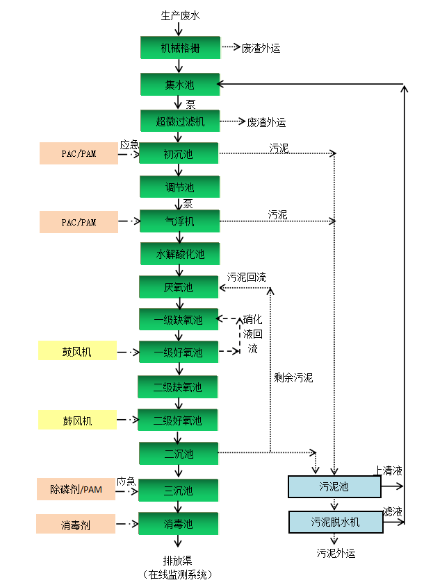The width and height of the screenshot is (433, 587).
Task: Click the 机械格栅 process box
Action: click(180, 48)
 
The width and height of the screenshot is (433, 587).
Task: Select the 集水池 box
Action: click(180, 85)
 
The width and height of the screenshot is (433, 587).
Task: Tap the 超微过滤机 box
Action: click(180, 121)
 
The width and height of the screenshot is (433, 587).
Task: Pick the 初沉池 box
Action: click(180, 154)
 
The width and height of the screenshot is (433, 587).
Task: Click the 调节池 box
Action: click(180, 187)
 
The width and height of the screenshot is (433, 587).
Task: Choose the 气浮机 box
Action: click(180, 221)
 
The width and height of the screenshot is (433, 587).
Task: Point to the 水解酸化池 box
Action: click(180, 254)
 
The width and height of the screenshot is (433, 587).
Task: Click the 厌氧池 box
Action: click(179, 287)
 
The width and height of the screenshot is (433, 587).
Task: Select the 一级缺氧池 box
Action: click(179, 320)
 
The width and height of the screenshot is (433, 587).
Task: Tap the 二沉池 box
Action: click(179, 454)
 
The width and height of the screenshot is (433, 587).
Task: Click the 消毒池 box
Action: click(179, 524)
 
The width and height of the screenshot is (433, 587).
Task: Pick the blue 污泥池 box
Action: click(334, 487)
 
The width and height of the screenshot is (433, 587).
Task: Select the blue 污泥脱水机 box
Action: click(336, 522)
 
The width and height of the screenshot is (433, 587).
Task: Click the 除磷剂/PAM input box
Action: click(76, 490)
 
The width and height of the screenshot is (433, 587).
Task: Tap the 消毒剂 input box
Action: click(76, 524)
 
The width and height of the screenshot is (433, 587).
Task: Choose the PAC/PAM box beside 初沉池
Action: click(79, 153)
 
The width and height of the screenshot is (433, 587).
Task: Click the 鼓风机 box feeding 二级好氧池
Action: click(77, 420)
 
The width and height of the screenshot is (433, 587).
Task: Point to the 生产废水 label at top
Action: click(180, 15)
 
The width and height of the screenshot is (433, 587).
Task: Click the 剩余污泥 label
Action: click(293, 378)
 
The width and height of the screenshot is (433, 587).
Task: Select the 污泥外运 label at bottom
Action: click(336, 553)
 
